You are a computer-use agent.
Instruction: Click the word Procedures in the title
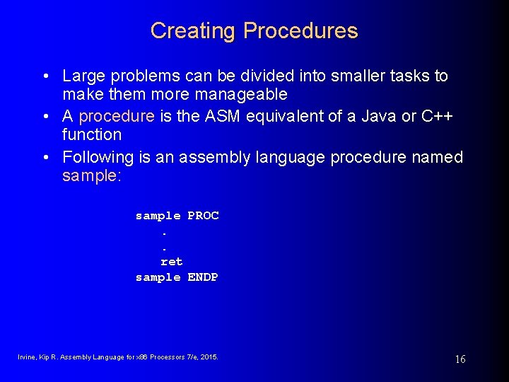pos(300,31)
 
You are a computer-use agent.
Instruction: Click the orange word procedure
pos(117,116)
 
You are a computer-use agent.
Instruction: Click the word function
pos(92,134)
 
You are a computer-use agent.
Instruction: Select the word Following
pos(98,157)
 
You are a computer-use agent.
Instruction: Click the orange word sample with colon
pos(92,175)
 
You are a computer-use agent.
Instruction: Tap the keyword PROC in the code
pos(203,216)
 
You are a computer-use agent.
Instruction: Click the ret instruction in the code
pos(171,262)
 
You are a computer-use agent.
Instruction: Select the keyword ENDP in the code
pos(203,277)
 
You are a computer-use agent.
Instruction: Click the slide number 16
pos(460,359)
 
